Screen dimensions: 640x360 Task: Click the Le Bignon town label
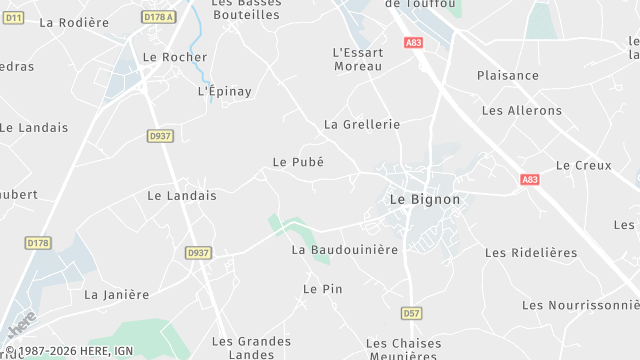point(424,199)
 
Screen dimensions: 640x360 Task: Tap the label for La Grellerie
point(362,125)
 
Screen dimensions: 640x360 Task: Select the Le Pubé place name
point(298,161)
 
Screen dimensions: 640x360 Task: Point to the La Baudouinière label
point(345,249)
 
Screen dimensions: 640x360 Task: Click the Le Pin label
point(323,289)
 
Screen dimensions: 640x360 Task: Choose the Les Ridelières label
point(531,253)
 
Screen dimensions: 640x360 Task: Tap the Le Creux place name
point(576,165)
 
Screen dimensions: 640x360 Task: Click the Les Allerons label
point(522,111)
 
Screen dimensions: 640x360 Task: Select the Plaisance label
point(508,76)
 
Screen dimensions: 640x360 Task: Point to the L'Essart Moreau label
point(357,59)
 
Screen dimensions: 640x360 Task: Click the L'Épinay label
point(225,91)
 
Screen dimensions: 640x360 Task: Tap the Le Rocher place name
point(175,57)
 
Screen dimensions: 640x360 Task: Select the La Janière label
point(116,295)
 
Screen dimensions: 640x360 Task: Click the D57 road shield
point(411,313)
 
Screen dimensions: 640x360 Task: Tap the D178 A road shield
point(159,17)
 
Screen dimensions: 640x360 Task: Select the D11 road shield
point(13,17)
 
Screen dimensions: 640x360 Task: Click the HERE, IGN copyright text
point(69,351)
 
